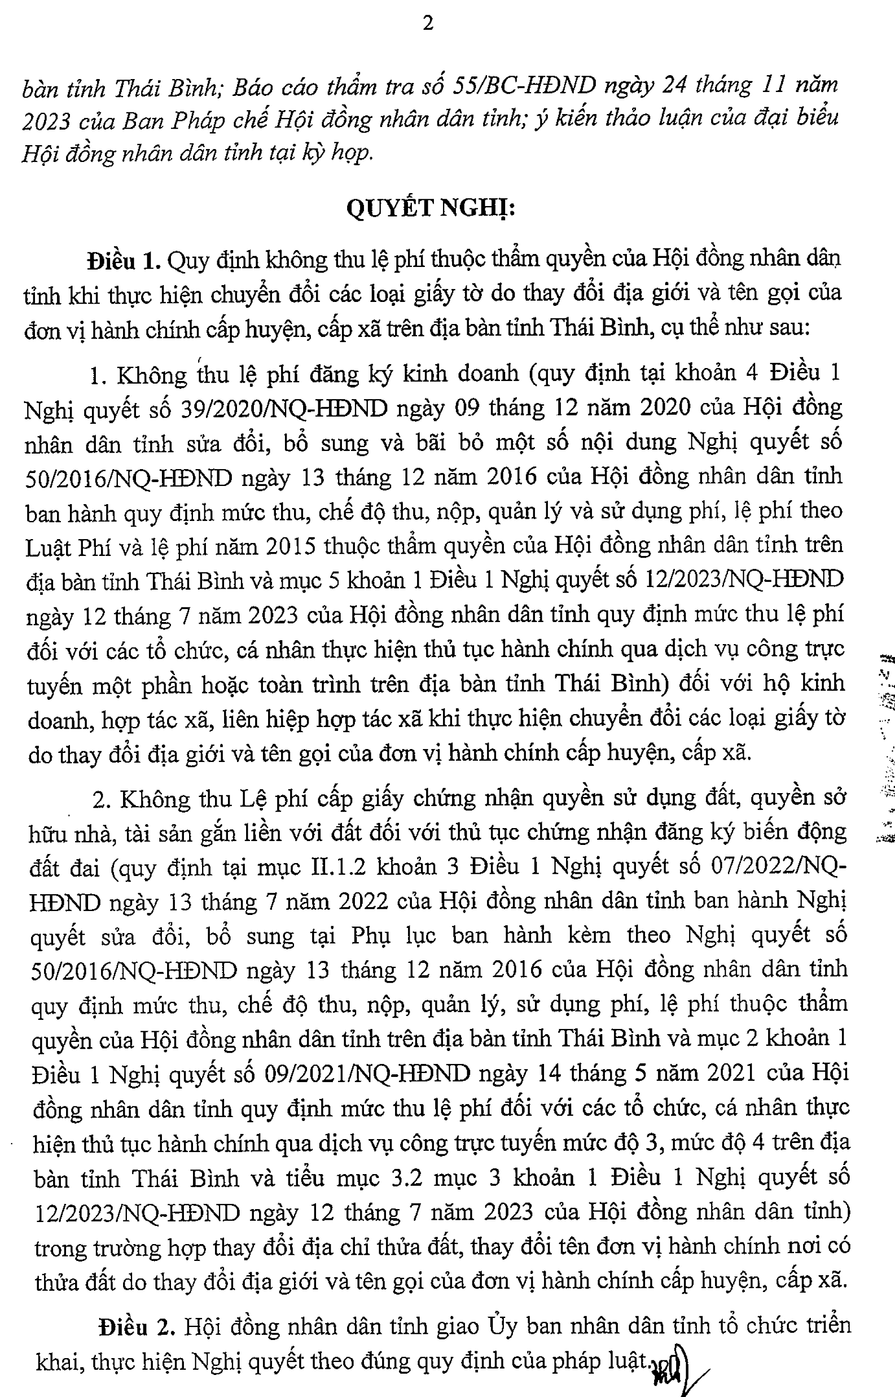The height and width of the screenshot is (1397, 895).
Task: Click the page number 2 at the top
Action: coord(428,24)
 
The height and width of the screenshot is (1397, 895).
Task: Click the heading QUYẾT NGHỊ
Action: coord(430,207)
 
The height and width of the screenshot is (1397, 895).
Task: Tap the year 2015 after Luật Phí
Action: coord(291,546)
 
